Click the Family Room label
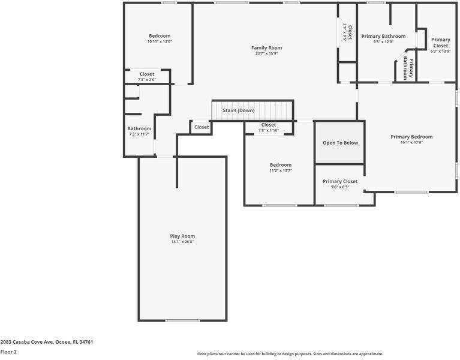click(x=266, y=48)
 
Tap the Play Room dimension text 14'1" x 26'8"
click(x=182, y=242)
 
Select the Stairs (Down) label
click(x=239, y=110)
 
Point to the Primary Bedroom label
click(x=411, y=137)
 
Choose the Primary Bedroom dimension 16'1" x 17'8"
click(x=411, y=143)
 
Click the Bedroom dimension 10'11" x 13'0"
click(x=160, y=41)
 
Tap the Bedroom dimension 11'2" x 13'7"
click(x=280, y=170)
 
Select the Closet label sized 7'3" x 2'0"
click(x=147, y=74)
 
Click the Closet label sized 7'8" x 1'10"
click(x=269, y=125)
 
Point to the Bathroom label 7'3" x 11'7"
click(x=139, y=128)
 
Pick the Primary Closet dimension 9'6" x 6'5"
click(x=340, y=187)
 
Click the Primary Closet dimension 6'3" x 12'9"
click(x=440, y=51)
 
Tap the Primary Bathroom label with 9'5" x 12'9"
click(x=383, y=36)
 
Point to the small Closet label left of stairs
click(x=202, y=127)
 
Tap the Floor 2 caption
click(x=8, y=352)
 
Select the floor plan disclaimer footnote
click(x=290, y=354)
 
